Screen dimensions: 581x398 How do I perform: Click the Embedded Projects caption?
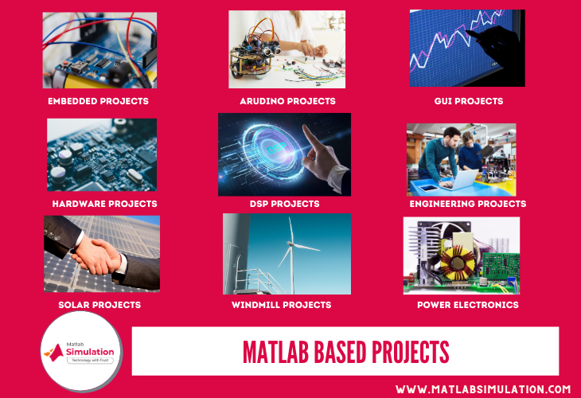click(98, 101)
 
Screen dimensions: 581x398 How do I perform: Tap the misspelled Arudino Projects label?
click(287, 101)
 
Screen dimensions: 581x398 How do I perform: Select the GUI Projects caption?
click(469, 101)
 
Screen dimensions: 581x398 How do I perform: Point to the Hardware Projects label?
click(104, 204)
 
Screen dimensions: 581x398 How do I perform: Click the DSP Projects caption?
click(285, 204)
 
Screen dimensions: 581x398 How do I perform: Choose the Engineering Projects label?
click(468, 204)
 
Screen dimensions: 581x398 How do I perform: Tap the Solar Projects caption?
click(99, 305)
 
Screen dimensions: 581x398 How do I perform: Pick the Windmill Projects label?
click(281, 305)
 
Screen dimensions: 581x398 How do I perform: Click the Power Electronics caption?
click(468, 305)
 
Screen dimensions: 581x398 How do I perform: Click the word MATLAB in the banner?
click(275, 352)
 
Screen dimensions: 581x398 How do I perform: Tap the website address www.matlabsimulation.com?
click(483, 389)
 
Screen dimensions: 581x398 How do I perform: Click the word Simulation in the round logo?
click(90, 352)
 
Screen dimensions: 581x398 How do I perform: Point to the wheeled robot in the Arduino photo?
click(254, 56)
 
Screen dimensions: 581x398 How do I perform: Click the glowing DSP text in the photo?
click(276, 150)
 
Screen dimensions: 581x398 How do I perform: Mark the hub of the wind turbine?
click(290, 243)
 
